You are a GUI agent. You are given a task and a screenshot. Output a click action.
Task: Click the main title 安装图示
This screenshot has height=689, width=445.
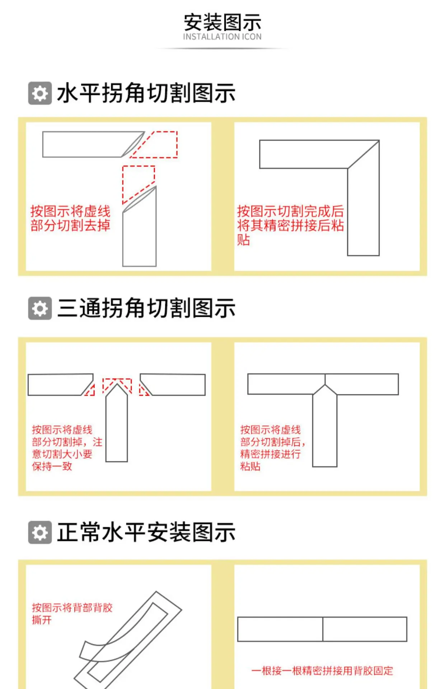click(222, 22)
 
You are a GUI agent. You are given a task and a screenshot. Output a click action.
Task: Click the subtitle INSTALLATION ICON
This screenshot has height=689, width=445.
click(222, 37)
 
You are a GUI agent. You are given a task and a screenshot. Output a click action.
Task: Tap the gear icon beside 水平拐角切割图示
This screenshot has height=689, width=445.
click(40, 93)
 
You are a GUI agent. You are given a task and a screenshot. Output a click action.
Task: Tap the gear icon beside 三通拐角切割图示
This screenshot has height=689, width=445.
click(40, 308)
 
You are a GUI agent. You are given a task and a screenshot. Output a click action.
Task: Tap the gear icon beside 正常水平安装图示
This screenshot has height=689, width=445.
click(40, 533)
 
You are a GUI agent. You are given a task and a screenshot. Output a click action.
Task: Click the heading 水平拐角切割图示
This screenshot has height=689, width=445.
click(146, 93)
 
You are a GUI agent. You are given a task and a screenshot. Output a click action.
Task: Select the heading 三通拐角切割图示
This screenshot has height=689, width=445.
click(146, 308)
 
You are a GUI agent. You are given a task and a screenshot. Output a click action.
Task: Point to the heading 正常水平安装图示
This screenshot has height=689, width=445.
click(146, 533)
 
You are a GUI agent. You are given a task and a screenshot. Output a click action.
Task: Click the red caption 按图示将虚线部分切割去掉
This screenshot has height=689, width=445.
click(70, 218)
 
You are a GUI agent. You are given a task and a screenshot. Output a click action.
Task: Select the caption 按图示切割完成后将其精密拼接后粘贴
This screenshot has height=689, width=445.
click(290, 225)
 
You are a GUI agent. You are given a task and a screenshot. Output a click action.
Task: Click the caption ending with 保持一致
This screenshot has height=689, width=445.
click(67, 448)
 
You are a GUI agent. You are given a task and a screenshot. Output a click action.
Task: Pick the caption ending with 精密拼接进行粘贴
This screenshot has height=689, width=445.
click(273, 448)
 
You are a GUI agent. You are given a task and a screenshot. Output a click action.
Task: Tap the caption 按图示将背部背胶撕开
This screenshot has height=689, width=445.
click(72, 614)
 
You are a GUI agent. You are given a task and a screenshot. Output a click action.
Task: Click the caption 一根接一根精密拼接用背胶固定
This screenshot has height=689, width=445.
click(322, 671)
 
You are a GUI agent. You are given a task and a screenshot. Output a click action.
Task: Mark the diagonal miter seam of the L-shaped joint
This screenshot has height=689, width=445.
click(363, 154)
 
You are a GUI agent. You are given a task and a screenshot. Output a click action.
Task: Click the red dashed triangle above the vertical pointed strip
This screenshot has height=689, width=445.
click(117, 386)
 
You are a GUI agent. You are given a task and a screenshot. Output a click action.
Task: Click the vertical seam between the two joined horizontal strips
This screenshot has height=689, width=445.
click(323, 629)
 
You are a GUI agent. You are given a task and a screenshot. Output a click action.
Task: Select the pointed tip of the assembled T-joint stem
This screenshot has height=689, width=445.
click(325, 385)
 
